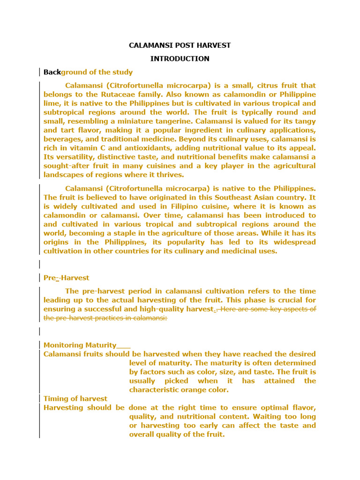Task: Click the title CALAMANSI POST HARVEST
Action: click(x=180, y=45)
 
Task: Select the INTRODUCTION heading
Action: click(x=180, y=59)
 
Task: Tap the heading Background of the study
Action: click(x=88, y=72)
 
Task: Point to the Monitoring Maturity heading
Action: click(x=80, y=345)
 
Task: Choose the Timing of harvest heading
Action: click(x=75, y=398)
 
